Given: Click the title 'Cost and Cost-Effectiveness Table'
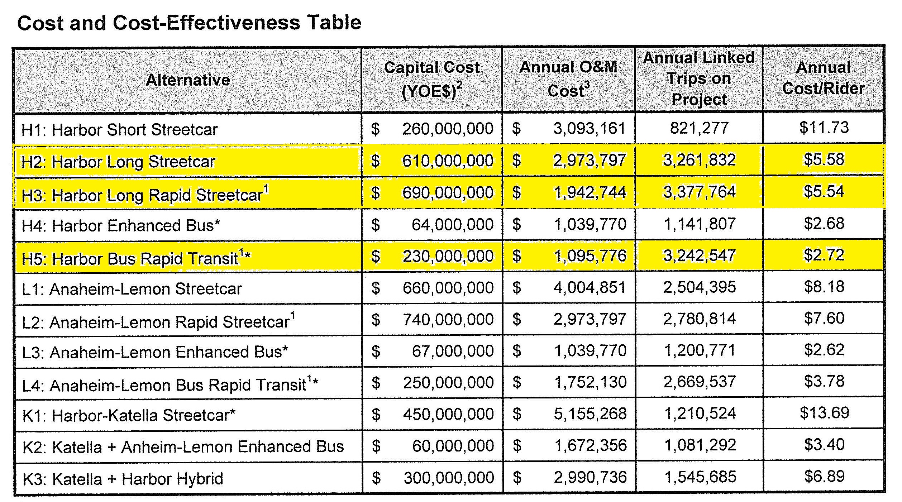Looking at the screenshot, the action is click(x=189, y=23).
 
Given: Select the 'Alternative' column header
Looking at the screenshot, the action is click(x=188, y=80).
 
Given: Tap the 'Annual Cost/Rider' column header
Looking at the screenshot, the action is click(x=824, y=78).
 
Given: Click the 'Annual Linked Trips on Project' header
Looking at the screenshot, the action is click(x=699, y=79).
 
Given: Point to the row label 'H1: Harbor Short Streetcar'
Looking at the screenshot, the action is click(x=120, y=130).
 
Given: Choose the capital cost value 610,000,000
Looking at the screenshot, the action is click(x=448, y=161).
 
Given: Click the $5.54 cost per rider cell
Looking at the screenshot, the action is click(x=824, y=191).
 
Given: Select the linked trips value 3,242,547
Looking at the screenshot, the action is click(x=700, y=255).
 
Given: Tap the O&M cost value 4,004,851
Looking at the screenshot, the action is click(x=590, y=287).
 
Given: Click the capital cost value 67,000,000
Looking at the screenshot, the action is click(x=453, y=351).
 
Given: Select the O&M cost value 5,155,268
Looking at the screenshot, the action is click(x=590, y=414).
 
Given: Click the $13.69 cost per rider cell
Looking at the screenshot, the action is click(x=824, y=413).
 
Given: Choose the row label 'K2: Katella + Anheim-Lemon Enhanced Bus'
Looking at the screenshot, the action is click(x=183, y=447).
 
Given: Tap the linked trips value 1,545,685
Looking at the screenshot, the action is click(x=700, y=477).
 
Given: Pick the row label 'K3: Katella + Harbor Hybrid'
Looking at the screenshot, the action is click(x=123, y=479).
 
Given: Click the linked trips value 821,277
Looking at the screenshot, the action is click(x=699, y=128).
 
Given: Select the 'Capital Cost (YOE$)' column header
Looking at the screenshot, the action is click(x=432, y=79).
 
